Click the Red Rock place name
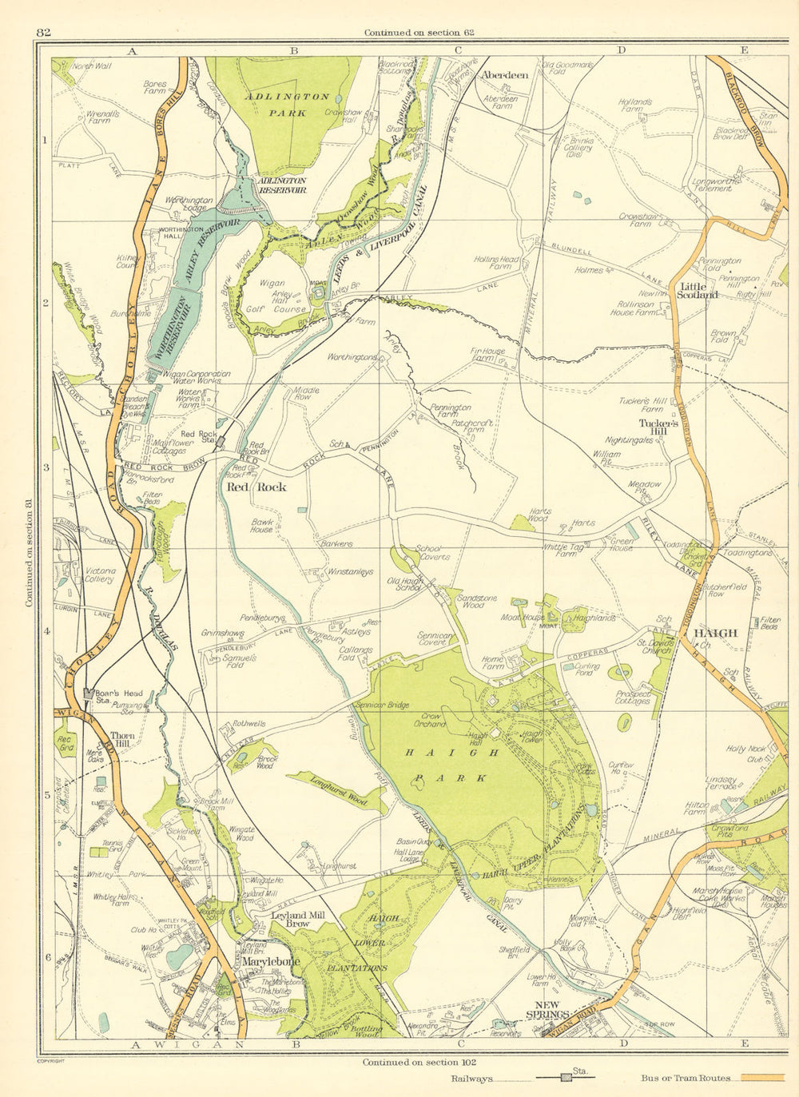pyautogui.click(x=256, y=487)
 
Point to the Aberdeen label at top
pyautogui.click(x=504, y=75)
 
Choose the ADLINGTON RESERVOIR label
pyautogui.click(x=281, y=186)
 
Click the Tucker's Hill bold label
pyautogui.click(x=659, y=427)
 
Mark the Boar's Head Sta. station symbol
pyautogui.click(x=89, y=695)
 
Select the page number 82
pyautogui.click(x=44, y=32)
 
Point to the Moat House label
pyautogui.click(x=529, y=618)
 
